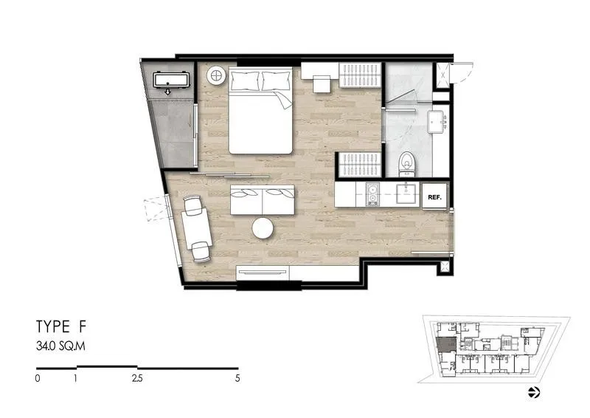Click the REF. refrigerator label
coord(434,197)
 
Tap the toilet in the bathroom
coord(407,165)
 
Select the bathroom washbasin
coord(437,122)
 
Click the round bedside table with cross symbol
coord(216,76)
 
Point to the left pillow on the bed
coord(246,80)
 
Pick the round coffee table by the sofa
coord(263,228)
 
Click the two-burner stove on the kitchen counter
coord(372,194)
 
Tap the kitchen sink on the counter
coord(407,193)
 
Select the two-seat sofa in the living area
coord(263,200)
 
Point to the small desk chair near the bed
coord(322,84)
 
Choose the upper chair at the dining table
coord(193,205)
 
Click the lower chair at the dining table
coord(201,251)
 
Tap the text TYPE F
coord(61,326)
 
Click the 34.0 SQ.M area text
coord(60,346)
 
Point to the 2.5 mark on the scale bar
coord(137,378)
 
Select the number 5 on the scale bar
coord(237,378)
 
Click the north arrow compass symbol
coord(534,392)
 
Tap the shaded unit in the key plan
coord(446,344)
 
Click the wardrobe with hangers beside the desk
coord(360,75)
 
